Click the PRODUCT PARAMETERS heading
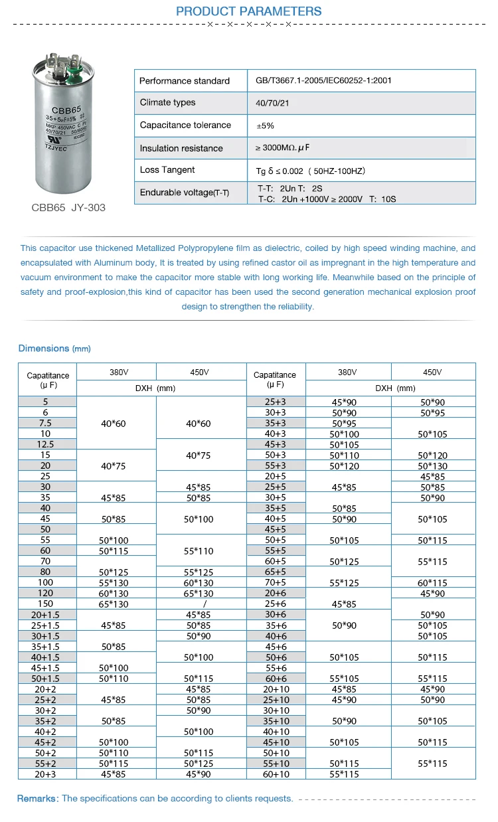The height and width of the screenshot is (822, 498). click(249, 11)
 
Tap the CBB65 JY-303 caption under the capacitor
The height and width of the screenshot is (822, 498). click(68, 208)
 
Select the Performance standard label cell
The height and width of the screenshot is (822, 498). click(184, 81)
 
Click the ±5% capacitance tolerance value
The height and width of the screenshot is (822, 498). click(265, 125)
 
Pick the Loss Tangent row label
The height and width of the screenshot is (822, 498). click(167, 170)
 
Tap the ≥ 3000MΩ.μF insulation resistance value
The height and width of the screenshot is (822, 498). click(284, 148)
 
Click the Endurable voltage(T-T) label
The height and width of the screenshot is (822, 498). click(184, 193)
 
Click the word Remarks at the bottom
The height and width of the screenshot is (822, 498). click(38, 799)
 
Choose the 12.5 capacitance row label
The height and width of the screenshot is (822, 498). click(46, 444)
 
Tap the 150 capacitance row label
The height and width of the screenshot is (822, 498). click(46, 604)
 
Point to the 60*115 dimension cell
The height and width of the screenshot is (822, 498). click(432, 583)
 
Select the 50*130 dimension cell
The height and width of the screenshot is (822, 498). click(432, 466)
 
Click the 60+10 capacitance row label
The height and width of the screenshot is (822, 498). click(276, 774)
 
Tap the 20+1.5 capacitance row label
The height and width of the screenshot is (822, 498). click(46, 614)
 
